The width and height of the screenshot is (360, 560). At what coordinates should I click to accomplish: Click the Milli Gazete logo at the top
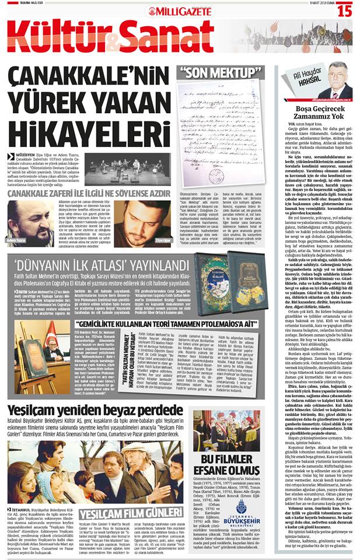point(179,10)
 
